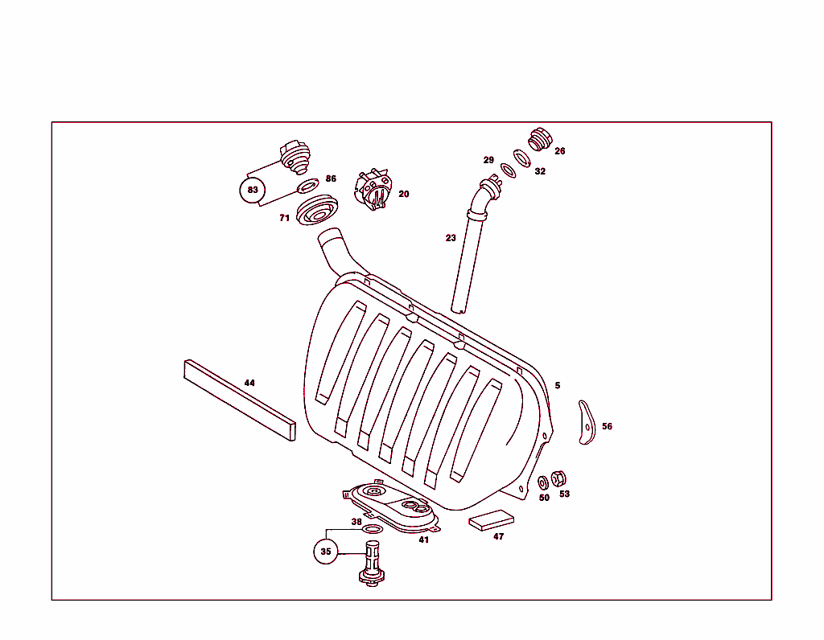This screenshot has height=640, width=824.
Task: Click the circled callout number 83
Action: [253, 191]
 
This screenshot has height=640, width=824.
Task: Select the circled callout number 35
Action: [325, 552]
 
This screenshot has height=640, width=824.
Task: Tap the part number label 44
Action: [249, 383]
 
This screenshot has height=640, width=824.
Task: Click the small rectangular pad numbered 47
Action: [490, 519]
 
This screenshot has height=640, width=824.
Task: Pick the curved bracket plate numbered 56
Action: [587, 422]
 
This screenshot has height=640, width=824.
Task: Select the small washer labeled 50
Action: [543, 482]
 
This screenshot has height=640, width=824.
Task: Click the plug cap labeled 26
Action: [539, 140]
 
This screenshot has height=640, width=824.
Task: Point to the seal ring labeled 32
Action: [522, 158]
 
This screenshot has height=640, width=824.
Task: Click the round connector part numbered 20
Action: [373, 191]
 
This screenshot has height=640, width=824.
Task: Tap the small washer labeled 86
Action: [307, 187]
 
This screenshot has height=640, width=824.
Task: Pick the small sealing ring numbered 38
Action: [373, 529]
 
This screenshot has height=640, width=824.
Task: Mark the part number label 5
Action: [557, 386]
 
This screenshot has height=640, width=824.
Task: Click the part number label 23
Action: [451, 238]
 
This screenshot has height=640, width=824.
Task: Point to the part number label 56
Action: [607, 426]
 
